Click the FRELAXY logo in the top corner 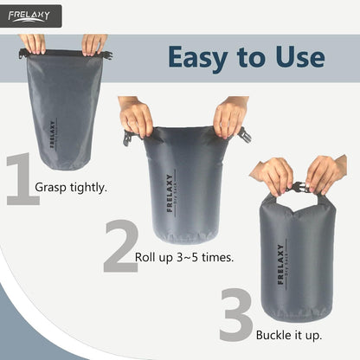tap(30, 15)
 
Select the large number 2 tap(120, 247)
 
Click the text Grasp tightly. tap(71, 186)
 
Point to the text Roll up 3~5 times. tap(184, 257)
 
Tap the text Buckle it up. tap(289, 334)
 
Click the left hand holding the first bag tap(33, 43)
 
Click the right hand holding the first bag tap(93, 43)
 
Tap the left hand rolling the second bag tap(137, 117)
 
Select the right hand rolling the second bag tap(230, 117)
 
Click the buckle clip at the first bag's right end tap(108, 55)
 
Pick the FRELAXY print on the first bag tap(51, 135)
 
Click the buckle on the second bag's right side tap(245, 134)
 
